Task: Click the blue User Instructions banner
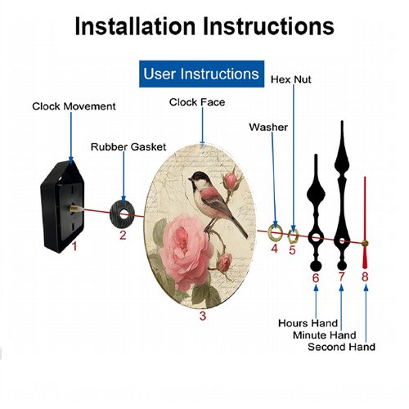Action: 201,74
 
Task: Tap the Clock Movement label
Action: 74,106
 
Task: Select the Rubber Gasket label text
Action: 128,147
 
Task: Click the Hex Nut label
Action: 291,79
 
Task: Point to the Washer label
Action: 268,127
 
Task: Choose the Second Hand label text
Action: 341,347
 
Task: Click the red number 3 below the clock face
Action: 203,316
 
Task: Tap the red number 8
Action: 365,276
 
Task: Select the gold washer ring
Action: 270,233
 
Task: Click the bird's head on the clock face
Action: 200,180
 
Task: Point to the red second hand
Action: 365,222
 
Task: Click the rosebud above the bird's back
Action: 231,181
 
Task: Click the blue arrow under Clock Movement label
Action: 71,138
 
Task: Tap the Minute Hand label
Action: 325,335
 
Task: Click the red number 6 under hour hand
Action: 316,278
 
